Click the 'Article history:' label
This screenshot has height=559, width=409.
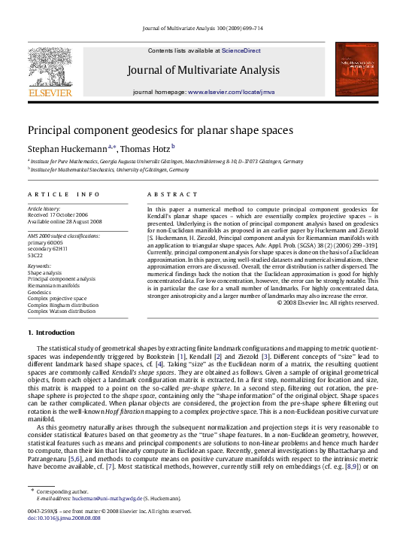tap(43, 208)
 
